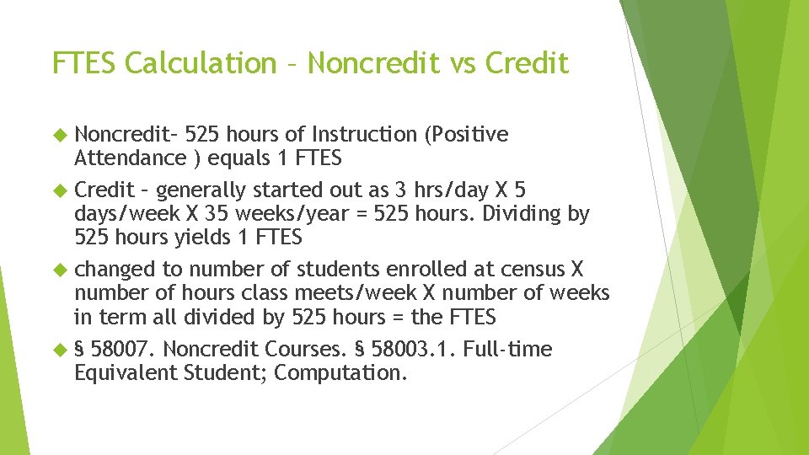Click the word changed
115,270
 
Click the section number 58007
126,349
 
